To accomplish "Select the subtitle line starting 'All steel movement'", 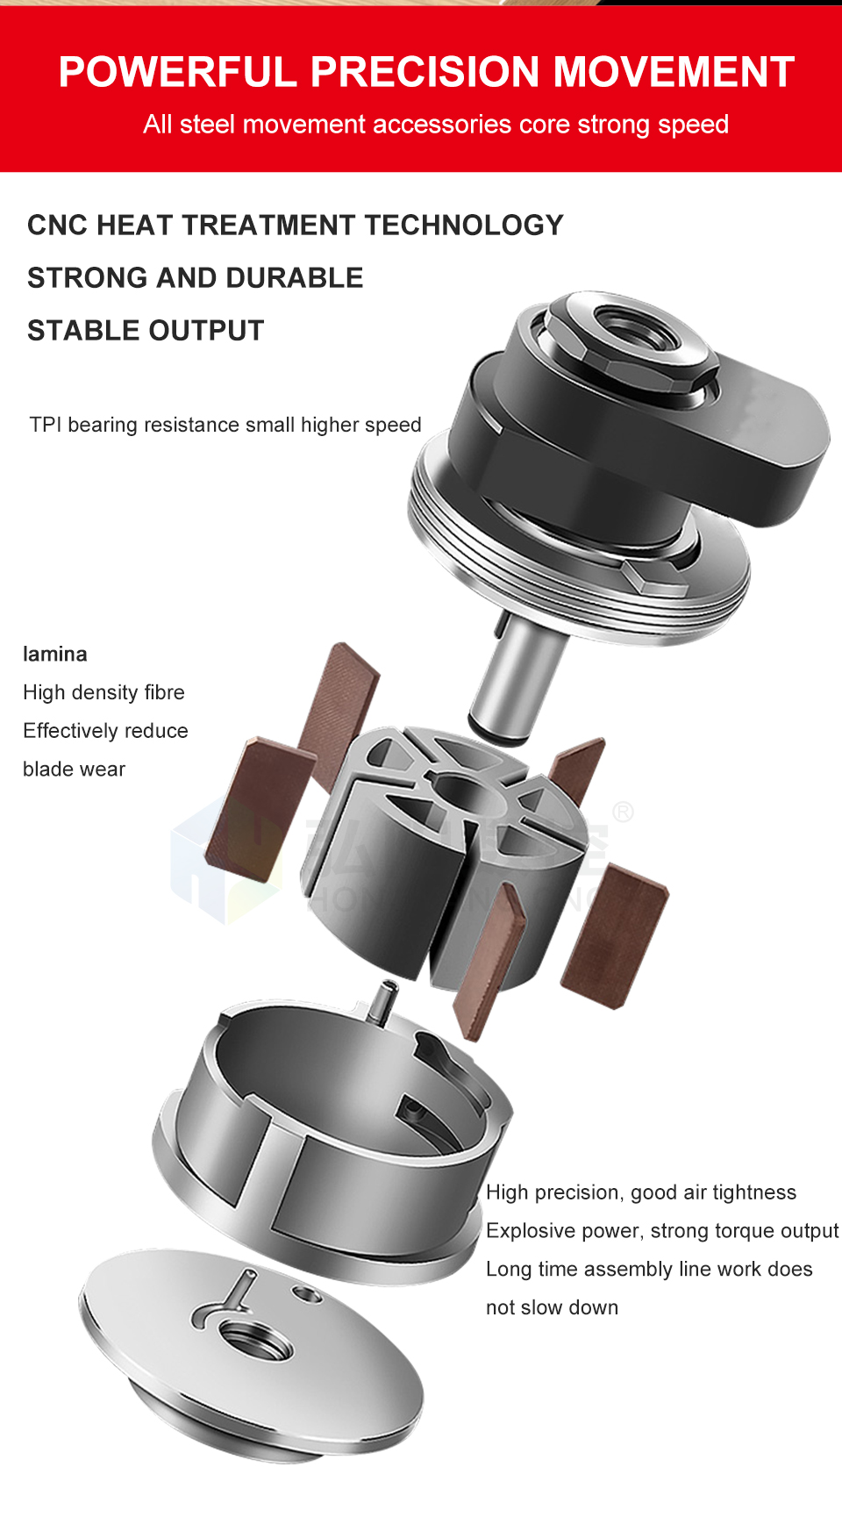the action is [x=436, y=125].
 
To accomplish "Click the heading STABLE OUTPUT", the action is [x=146, y=331].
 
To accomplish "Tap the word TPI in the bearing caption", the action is [x=46, y=425].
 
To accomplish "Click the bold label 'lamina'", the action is [x=55, y=655].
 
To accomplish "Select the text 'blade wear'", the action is [x=75, y=770].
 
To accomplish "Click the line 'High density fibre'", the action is [x=104, y=693].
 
